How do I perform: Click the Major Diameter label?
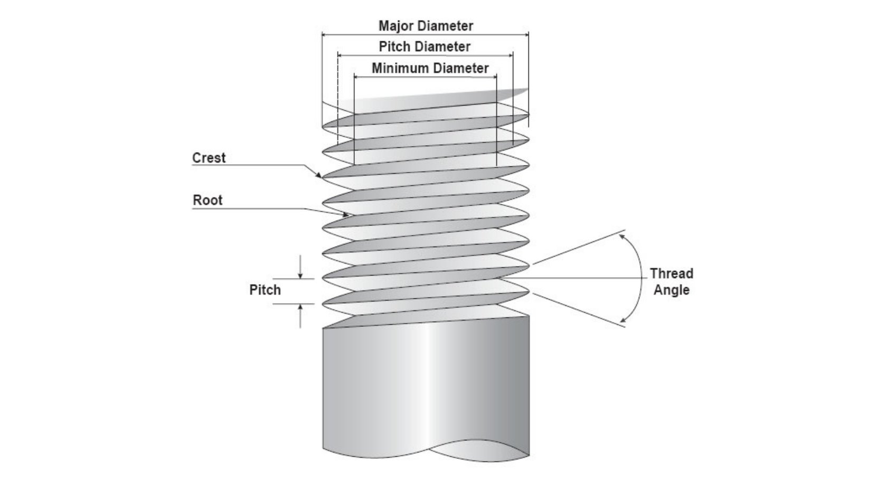click(426, 26)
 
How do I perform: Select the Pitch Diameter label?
click(424, 47)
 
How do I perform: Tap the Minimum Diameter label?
click(430, 69)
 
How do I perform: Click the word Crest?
click(209, 158)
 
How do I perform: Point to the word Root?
click(207, 200)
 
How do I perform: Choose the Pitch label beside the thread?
click(265, 290)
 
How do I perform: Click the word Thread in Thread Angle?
click(671, 274)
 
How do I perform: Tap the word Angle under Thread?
click(671, 290)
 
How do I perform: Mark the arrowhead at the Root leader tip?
click(346, 215)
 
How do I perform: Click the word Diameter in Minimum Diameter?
click(460, 69)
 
